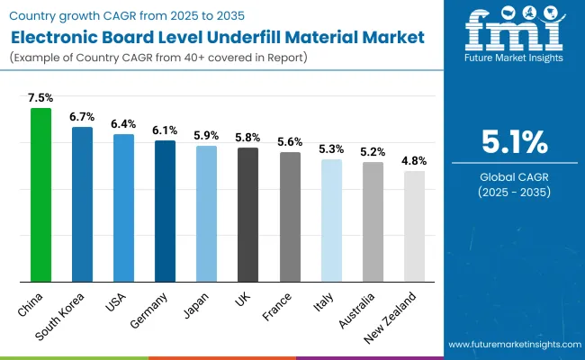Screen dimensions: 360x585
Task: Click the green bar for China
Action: tap(41, 194)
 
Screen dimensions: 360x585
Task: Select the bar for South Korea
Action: tap(82, 203)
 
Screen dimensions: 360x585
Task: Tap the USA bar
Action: tap(123, 207)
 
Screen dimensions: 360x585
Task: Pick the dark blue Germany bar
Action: tap(165, 211)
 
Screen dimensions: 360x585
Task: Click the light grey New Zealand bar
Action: tap(414, 226)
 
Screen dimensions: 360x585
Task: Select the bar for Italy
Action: tap(331, 220)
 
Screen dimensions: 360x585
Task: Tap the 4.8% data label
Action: tap(414, 161)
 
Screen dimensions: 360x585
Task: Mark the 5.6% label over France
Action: tap(290, 142)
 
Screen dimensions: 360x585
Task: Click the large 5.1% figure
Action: tap(509, 142)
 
